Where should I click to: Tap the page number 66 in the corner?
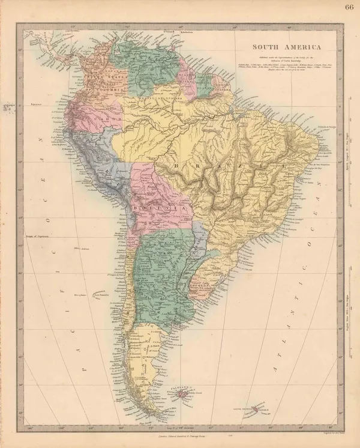coord(349,7)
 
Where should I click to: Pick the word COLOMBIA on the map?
coord(109,82)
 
